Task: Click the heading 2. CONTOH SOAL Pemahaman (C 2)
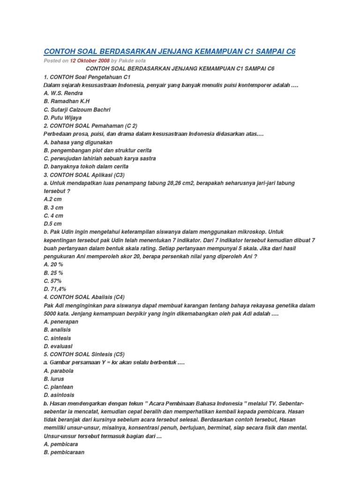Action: pos(87,126)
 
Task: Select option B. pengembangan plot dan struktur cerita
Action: pos(97,150)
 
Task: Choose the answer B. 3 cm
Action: pos(53,207)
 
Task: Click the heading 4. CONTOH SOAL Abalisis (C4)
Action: pos(84,297)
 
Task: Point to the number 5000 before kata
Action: pos(50,314)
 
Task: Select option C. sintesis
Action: pos(57,337)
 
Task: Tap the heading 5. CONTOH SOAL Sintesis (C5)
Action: pos(83,354)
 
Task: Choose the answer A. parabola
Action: pos(59,370)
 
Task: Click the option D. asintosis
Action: pos(59,395)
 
